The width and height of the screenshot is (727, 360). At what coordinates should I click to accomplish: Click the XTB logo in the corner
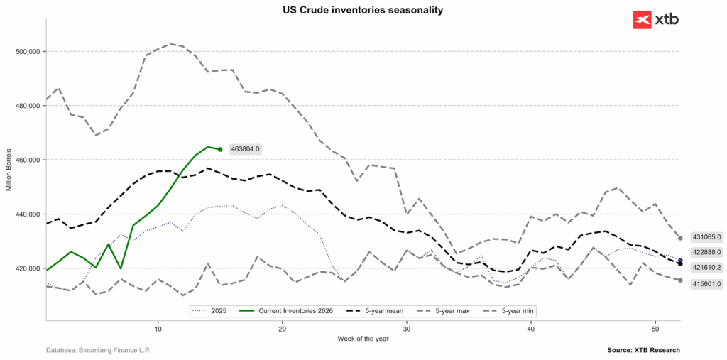point(655,19)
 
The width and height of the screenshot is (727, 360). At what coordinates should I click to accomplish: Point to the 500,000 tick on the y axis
point(26,52)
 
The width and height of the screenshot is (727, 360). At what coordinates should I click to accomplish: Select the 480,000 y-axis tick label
point(26,106)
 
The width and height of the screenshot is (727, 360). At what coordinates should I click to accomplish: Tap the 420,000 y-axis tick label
point(26,268)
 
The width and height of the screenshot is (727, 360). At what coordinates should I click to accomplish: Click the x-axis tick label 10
point(158,330)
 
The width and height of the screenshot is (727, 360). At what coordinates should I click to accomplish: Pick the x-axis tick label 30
point(406,330)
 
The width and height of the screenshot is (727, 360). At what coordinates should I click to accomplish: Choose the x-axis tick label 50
point(655,330)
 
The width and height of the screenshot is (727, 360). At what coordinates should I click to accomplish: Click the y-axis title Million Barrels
point(9,170)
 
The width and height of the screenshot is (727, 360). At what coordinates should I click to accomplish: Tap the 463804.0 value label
point(246,149)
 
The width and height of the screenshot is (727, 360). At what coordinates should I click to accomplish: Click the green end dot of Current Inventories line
point(220,149)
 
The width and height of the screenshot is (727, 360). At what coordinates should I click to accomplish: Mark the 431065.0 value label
point(707,237)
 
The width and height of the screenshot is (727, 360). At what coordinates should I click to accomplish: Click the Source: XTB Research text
point(643,350)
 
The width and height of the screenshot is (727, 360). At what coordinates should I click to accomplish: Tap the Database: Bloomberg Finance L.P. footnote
point(98,350)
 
